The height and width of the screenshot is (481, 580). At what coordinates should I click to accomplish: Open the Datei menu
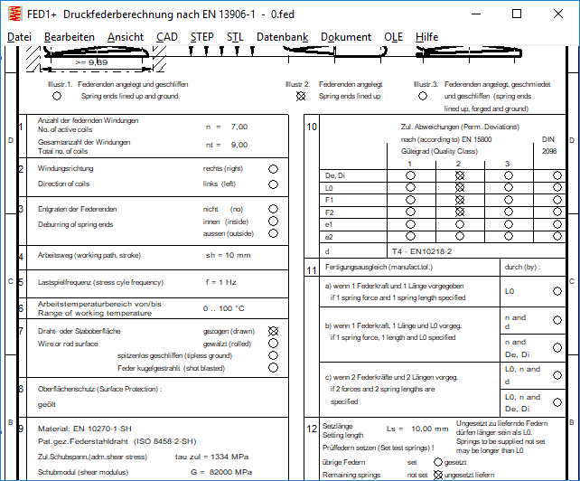point(19,37)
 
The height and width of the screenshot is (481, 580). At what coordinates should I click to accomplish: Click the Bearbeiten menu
point(70,37)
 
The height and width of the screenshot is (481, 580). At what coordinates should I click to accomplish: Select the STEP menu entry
point(203,37)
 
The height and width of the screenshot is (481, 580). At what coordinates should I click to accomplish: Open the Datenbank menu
point(282,37)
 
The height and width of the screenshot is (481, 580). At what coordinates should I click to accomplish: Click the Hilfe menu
point(427,37)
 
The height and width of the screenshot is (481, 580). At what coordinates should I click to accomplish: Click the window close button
point(557,14)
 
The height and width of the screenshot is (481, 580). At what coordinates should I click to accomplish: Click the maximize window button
point(516,14)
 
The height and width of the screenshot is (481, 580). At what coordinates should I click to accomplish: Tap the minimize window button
point(474,14)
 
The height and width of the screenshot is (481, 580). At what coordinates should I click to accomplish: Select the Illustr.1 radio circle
point(58,95)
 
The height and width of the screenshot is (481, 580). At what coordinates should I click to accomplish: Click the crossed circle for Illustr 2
point(306,95)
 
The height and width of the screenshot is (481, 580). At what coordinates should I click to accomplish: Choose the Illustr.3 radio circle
point(421,95)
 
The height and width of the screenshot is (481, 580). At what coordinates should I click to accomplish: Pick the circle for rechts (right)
point(273,168)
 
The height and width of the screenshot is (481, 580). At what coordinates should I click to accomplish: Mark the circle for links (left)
point(273,184)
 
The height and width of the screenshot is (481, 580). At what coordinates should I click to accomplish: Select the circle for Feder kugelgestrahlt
point(273,368)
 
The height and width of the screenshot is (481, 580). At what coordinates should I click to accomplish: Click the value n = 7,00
point(226,127)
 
